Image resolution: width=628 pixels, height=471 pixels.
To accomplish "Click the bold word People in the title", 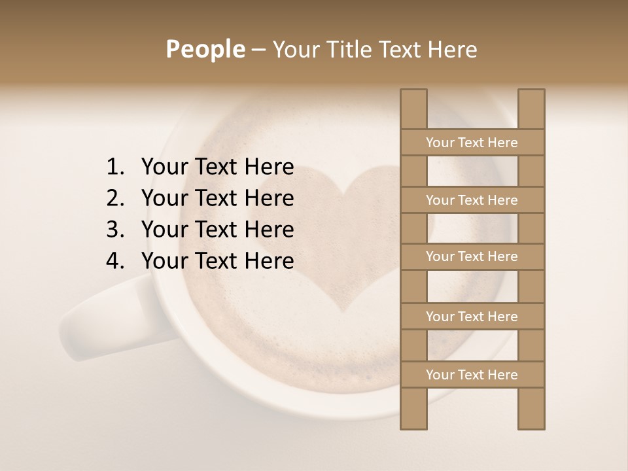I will tap(205, 49).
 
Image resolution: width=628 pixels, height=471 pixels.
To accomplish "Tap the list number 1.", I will tap(114, 167).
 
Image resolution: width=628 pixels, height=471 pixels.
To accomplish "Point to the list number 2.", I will tap(114, 198).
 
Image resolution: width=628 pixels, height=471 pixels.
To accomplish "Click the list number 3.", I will tap(114, 230).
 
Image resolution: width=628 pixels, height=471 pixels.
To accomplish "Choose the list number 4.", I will tap(114, 261).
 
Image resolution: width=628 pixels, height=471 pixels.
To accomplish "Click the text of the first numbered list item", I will tap(217, 167).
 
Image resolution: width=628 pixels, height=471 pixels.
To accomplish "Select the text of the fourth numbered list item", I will tap(217, 261).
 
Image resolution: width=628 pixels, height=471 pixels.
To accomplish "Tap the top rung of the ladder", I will tap(472, 143).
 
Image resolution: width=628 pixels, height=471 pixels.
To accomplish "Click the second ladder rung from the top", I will tap(472, 200).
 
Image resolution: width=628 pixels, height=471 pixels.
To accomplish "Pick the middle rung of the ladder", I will tap(472, 256).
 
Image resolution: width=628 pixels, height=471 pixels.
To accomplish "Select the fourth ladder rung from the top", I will tap(472, 317).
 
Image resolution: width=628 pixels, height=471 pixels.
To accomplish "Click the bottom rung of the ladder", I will tap(472, 375).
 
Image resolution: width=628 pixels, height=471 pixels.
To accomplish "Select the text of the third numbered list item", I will tap(217, 230).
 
